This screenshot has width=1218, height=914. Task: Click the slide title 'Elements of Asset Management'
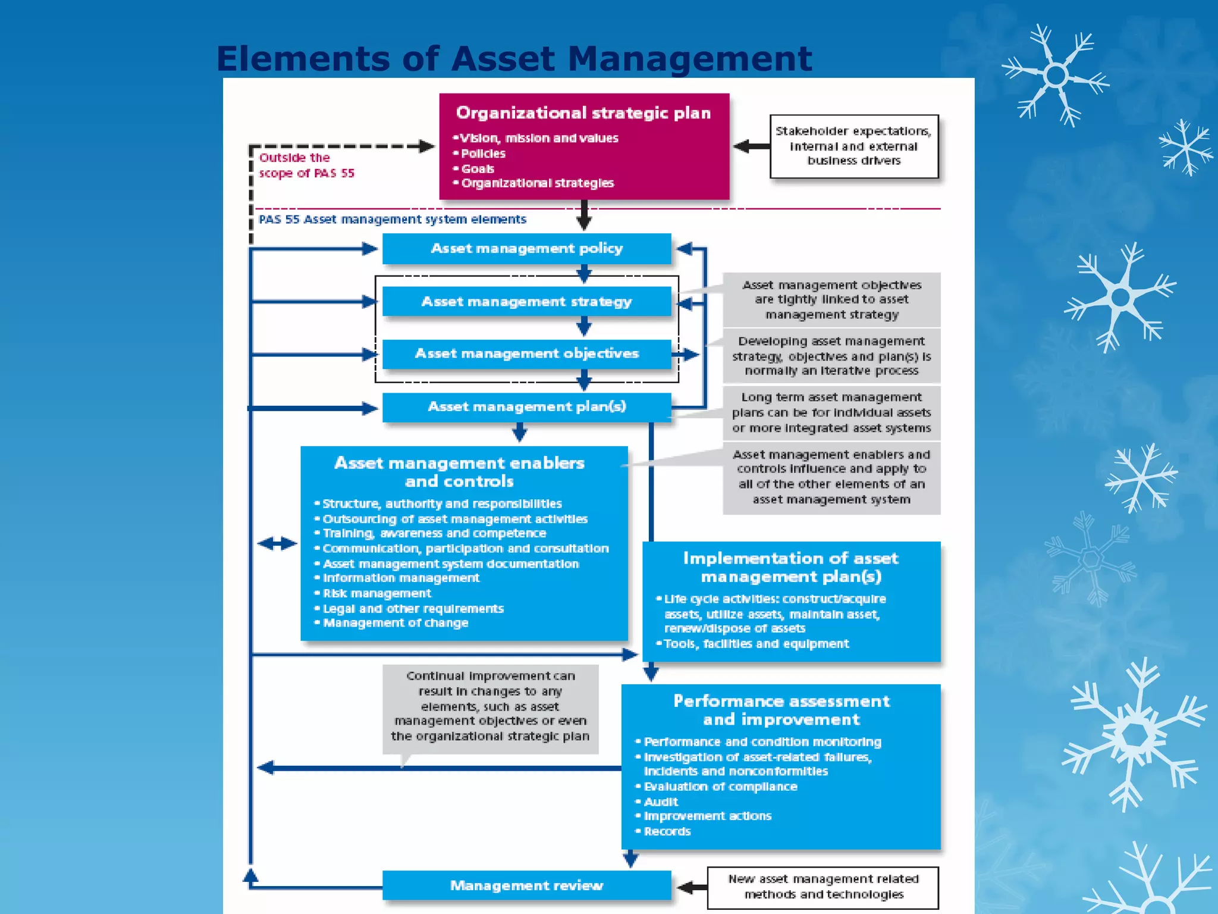(514, 59)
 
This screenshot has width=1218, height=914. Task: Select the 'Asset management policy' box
(526, 249)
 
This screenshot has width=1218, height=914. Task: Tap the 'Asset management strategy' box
(526, 302)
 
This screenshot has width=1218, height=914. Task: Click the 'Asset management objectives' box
(526, 354)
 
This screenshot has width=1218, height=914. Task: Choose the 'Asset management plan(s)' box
(526, 407)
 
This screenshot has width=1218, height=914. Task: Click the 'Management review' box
(526, 885)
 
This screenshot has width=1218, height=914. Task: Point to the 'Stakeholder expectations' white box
(853, 146)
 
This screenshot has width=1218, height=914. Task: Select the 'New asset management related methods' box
(823, 887)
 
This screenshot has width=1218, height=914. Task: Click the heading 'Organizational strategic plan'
(583, 113)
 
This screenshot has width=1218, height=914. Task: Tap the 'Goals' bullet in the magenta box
(478, 169)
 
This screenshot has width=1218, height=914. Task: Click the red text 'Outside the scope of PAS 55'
(306, 165)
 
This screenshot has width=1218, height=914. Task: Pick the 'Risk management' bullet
(376, 594)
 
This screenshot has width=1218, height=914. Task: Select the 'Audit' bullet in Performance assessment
(661, 802)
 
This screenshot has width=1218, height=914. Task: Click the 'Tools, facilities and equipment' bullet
(756, 644)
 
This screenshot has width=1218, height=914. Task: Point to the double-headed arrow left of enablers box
(277, 543)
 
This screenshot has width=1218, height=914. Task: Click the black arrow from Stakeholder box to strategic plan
(751, 146)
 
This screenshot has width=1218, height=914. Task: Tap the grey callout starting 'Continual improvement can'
(490, 706)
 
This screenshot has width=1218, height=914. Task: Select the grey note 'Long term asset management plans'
(831, 413)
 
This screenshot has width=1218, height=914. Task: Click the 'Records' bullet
(667, 832)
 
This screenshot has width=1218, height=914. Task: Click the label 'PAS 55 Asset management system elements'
(393, 220)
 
